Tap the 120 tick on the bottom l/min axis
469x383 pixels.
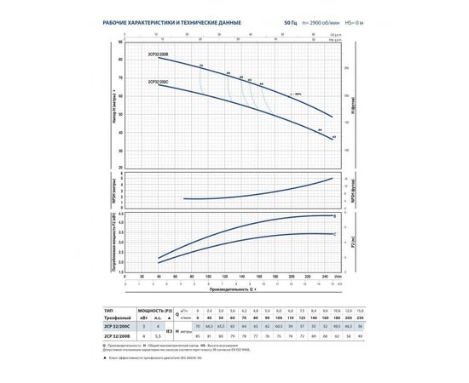[x=224, y=277]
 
